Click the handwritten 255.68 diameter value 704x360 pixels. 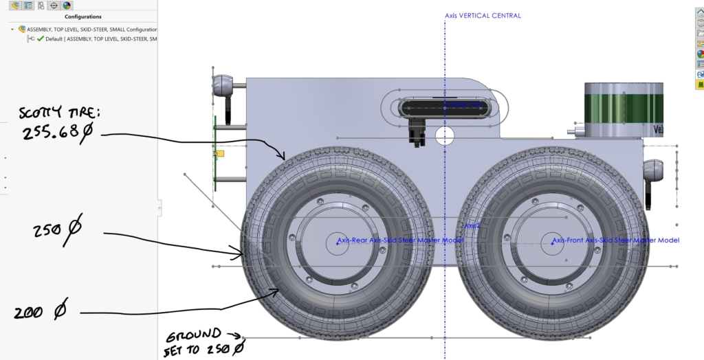[x=56, y=133]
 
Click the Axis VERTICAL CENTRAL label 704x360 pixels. [x=483, y=15]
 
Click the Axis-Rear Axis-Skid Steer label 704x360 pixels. [x=399, y=240]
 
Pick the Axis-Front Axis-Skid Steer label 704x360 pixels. [x=615, y=240]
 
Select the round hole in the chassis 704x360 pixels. [x=445, y=135]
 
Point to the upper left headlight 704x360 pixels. [x=222, y=86]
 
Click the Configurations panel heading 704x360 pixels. [x=82, y=16]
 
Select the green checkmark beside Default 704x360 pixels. [x=40, y=39]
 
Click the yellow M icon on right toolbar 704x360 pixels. [x=700, y=85]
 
